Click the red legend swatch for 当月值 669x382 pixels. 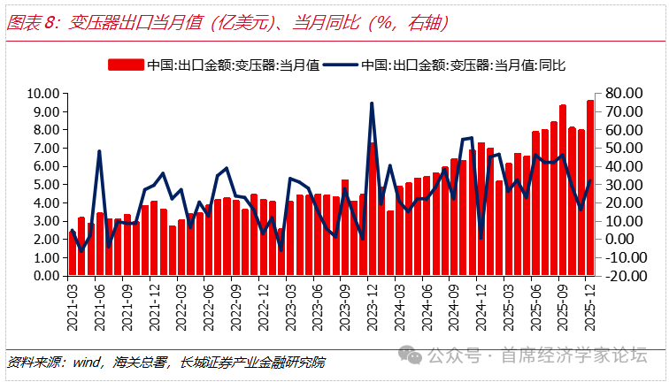point(125,65)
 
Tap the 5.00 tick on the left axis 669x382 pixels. point(45,184)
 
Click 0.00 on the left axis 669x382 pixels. point(45,275)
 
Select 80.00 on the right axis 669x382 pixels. point(622,93)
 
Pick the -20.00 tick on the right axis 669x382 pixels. point(623,275)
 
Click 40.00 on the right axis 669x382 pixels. point(622,165)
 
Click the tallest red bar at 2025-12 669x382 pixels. point(590,186)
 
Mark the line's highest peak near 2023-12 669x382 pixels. point(372,103)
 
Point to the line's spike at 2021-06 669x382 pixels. point(99,151)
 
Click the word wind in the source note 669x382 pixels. point(86,362)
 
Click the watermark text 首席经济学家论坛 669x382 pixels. point(574,355)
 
